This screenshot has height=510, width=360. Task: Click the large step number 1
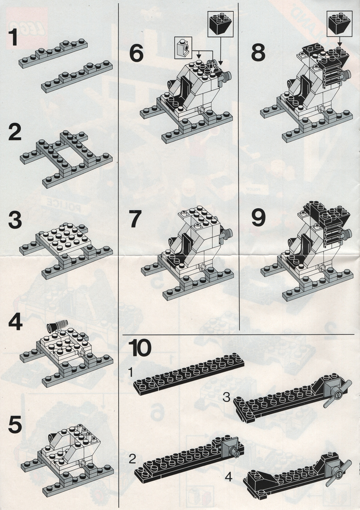pyautogui.click(x=13, y=37)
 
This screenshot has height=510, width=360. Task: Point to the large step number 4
pyautogui.click(x=15, y=322)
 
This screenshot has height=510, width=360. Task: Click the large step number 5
pyautogui.click(x=15, y=425)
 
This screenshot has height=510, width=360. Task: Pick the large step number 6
pyautogui.click(x=136, y=54)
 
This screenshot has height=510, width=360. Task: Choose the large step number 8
pyautogui.click(x=258, y=53)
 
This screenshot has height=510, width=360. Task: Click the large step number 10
pyautogui.click(x=140, y=348)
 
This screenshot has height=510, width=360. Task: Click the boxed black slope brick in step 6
pyautogui.click(x=220, y=24)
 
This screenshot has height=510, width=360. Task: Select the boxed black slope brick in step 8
pyautogui.click(x=339, y=23)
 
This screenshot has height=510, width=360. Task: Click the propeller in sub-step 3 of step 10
pyautogui.click(x=337, y=394)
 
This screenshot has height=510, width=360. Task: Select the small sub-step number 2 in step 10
pyautogui.click(x=132, y=459)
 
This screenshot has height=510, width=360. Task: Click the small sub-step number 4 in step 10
pyautogui.click(x=229, y=477)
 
